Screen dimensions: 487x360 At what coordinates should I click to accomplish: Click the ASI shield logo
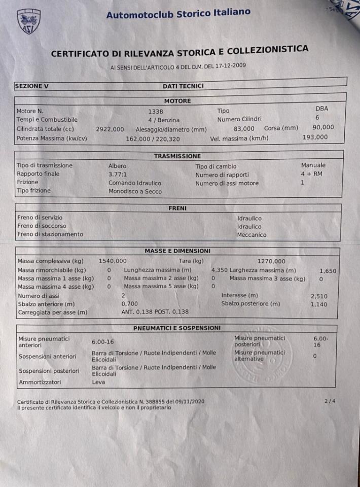click(x=29, y=22)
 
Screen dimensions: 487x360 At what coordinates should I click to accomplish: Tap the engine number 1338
click(x=156, y=111)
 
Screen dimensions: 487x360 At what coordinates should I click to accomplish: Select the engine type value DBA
click(x=321, y=108)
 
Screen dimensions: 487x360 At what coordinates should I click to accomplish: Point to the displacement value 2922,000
click(x=110, y=129)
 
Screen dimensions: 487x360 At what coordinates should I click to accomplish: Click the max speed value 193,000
click(x=315, y=137)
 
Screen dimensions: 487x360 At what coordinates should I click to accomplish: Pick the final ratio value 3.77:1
click(x=119, y=174)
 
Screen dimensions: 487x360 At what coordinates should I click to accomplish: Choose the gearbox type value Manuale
click(x=313, y=165)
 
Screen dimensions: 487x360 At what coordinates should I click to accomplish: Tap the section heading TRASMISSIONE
click(x=177, y=156)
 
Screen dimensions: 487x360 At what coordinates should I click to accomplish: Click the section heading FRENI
click(x=177, y=208)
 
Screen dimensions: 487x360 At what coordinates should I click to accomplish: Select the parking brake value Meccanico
click(x=251, y=235)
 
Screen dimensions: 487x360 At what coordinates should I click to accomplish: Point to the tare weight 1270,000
click(x=271, y=261)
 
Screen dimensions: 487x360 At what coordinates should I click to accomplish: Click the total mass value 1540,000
click(x=113, y=261)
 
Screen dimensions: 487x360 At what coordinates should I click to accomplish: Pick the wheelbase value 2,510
click(x=319, y=295)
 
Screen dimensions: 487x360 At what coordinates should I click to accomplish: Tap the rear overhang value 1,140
click(x=319, y=304)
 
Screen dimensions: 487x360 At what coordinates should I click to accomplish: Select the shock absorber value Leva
click(x=98, y=382)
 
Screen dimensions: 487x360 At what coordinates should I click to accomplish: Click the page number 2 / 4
click(x=330, y=401)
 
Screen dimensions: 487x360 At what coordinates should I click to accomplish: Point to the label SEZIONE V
click(x=31, y=86)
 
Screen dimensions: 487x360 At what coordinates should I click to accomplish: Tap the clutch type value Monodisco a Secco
click(x=135, y=191)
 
